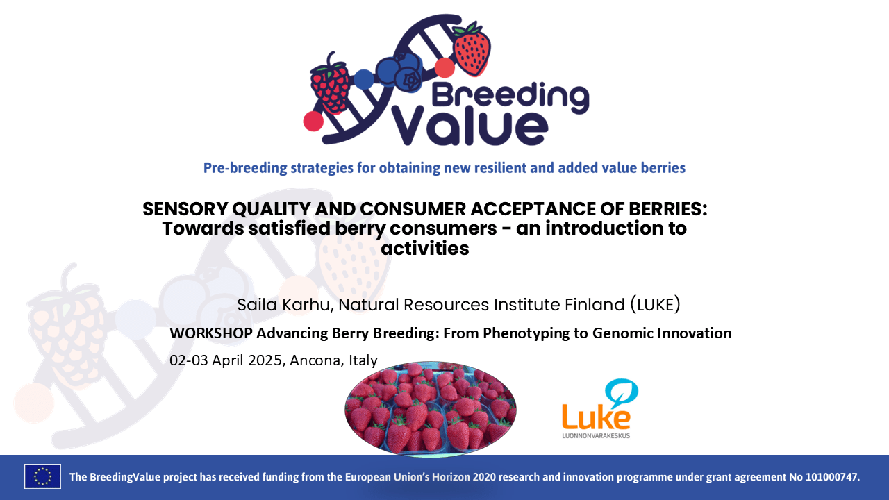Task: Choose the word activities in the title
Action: (425, 248)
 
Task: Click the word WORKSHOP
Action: (211, 333)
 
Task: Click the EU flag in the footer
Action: (42, 476)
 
